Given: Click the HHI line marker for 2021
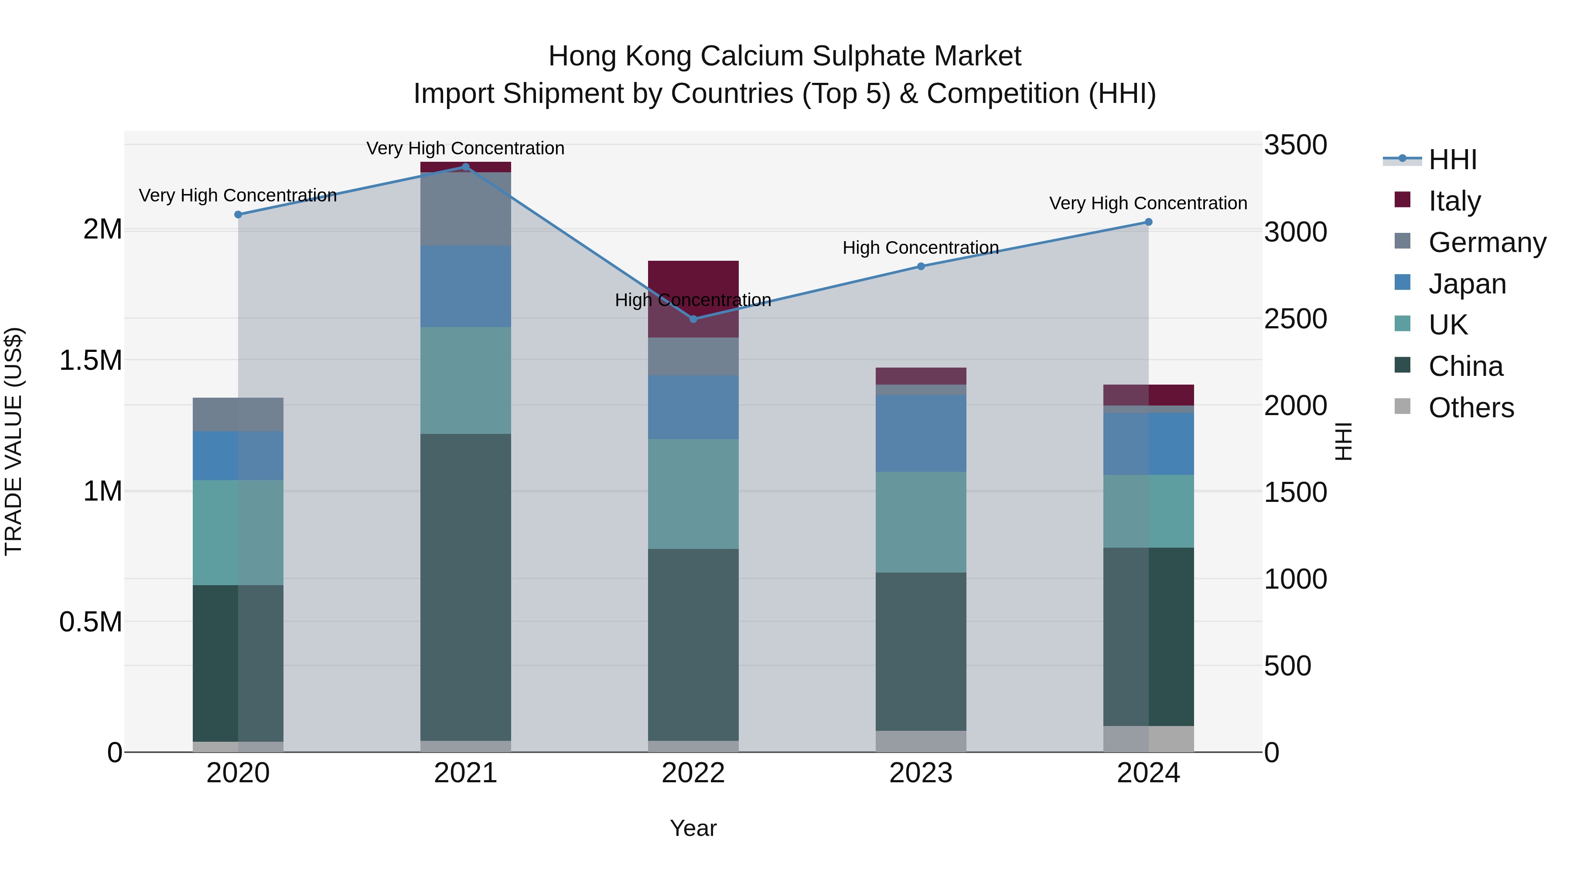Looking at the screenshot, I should pyautogui.click(x=466, y=167).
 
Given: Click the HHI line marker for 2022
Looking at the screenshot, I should pyautogui.click(x=693, y=319).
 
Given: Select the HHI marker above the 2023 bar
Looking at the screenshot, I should pyautogui.click(x=921, y=266).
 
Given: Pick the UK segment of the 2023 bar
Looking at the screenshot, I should pyautogui.click(x=921, y=522).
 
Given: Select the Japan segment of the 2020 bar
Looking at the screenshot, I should pyautogui.click(x=238, y=455).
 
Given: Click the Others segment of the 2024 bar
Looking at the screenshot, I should pyautogui.click(x=1148, y=739).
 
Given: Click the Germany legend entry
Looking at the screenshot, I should pyautogui.click(x=1487, y=242).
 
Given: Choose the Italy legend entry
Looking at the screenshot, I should pyautogui.click(x=1454, y=201).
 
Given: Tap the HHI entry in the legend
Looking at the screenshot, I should pyautogui.click(x=1452, y=160).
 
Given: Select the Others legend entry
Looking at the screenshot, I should pyautogui.click(x=1470, y=408).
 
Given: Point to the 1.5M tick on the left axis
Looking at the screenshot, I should pyautogui.click(x=90, y=360).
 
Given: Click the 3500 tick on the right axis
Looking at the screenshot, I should pyautogui.click(x=1295, y=145).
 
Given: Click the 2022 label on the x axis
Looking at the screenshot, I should pyautogui.click(x=693, y=773).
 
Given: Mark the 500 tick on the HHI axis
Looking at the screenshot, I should pyautogui.click(x=1287, y=666).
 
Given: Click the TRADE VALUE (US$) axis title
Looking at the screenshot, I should pyautogui.click(x=14, y=441).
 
